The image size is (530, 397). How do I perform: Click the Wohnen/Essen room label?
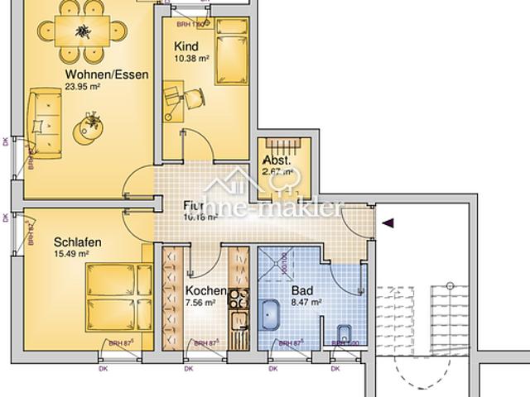107,74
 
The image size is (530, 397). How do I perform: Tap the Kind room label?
186,47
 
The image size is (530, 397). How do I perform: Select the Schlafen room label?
78,242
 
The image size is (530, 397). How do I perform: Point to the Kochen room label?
205,291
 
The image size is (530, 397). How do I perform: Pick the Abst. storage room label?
276,160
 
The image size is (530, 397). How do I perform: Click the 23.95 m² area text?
82,87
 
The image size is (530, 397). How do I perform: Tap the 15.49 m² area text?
71,254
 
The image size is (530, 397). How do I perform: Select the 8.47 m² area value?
306,303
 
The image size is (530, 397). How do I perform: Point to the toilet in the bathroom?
344,335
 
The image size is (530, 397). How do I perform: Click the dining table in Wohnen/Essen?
84,32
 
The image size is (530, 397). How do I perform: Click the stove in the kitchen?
238,299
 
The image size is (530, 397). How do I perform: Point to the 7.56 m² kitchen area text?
201,303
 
